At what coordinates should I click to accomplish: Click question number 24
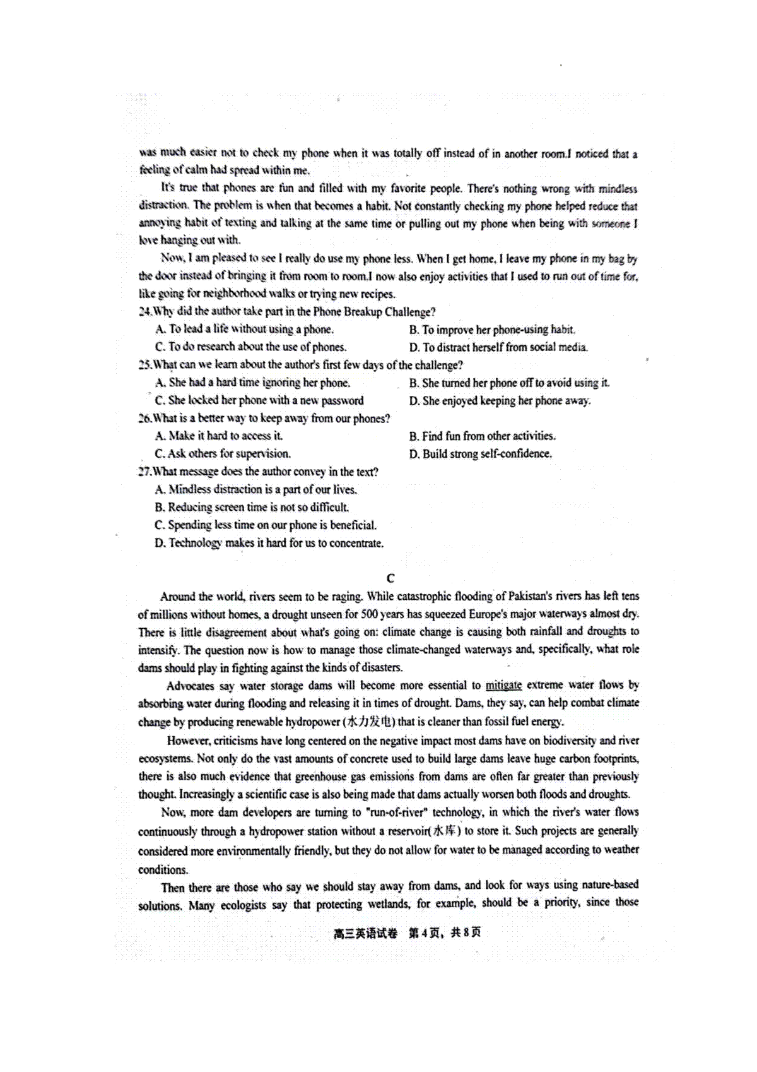(145, 312)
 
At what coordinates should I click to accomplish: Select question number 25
(145, 365)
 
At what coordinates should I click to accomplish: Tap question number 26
(145, 419)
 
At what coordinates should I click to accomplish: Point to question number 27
(145, 472)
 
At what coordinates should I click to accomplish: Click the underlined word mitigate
(503, 685)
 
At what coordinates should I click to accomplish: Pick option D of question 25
(414, 400)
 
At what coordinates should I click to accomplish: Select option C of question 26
(160, 454)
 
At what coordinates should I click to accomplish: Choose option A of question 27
(160, 489)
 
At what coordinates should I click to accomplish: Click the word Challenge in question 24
(409, 312)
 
